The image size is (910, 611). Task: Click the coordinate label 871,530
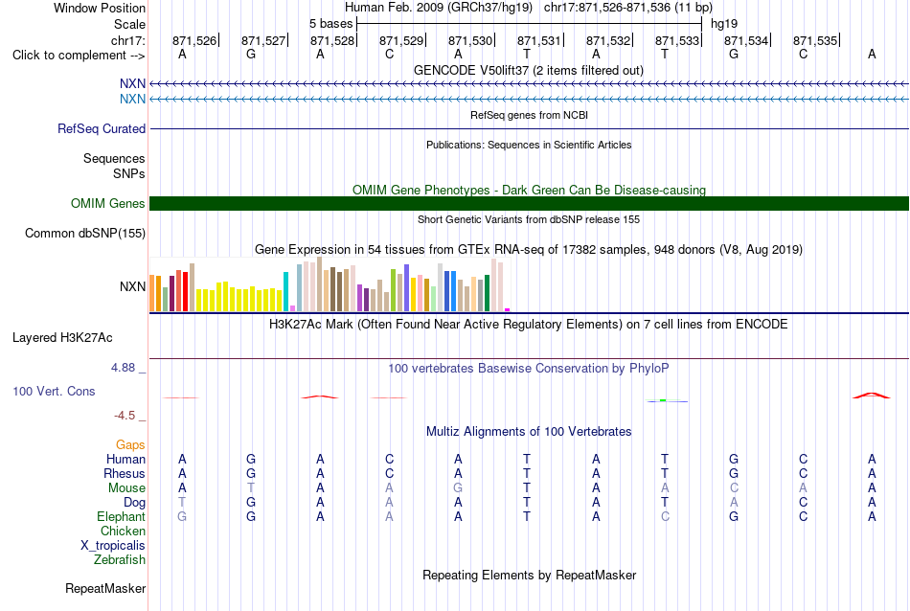pyautogui.click(x=470, y=40)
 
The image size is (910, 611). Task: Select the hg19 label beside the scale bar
pyautogui.click(x=724, y=24)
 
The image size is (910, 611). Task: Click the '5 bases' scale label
pyautogui.click(x=330, y=24)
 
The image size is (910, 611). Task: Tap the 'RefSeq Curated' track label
pyautogui.click(x=102, y=129)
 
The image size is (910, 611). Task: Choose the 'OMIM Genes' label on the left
pyautogui.click(x=108, y=204)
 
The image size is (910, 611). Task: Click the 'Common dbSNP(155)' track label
pyautogui.click(x=85, y=234)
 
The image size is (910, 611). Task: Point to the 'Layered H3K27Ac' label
pyautogui.click(x=62, y=338)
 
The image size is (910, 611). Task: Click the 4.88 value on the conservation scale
pyautogui.click(x=123, y=368)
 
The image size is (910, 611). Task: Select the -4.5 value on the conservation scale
pyautogui.click(x=125, y=416)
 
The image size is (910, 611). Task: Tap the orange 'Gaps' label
pyautogui.click(x=130, y=445)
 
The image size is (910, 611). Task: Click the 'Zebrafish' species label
pyautogui.click(x=120, y=560)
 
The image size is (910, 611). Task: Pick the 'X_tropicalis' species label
pyautogui.click(x=113, y=546)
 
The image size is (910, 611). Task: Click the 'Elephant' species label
pyautogui.click(x=122, y=517)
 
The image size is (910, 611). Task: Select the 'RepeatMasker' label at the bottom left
pyautogui.click(x=105, y=588)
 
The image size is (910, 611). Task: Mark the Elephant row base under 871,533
pyautogui.click(x=665, y=516)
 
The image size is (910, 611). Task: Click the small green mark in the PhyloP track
pyautogui.click(x=663, y=400)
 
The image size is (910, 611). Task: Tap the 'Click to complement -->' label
pyautogui.click(x=79, y=56)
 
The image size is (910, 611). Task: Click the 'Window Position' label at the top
pyautogui.click(x=100, y=8)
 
